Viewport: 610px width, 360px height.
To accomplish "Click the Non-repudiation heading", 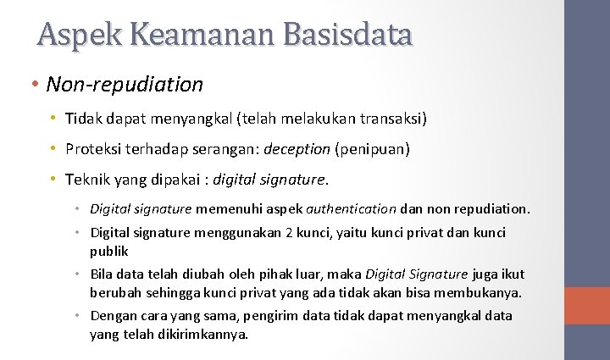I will pyautogui.click(x=125, y=85).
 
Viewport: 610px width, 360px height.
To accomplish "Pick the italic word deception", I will pyautogui.click(x=297, y=149).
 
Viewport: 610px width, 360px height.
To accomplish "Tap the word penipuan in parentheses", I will pyautogui.click(x=373, y=149).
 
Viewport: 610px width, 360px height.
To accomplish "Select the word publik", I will pyautogui.click(x=109, y=251).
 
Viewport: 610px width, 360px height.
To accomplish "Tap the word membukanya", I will pyautogui.click(x=479, y=293).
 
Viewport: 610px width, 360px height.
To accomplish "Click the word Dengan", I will pyautogui.click(x=111, y=316).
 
